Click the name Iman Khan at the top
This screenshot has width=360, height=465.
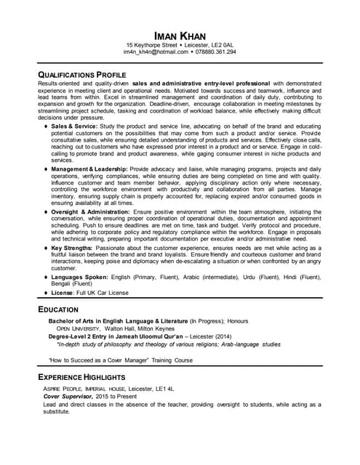(x=180, y=36)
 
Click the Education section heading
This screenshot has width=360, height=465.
(x=58, y=310)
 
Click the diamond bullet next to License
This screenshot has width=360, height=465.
(x=46, y=293)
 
